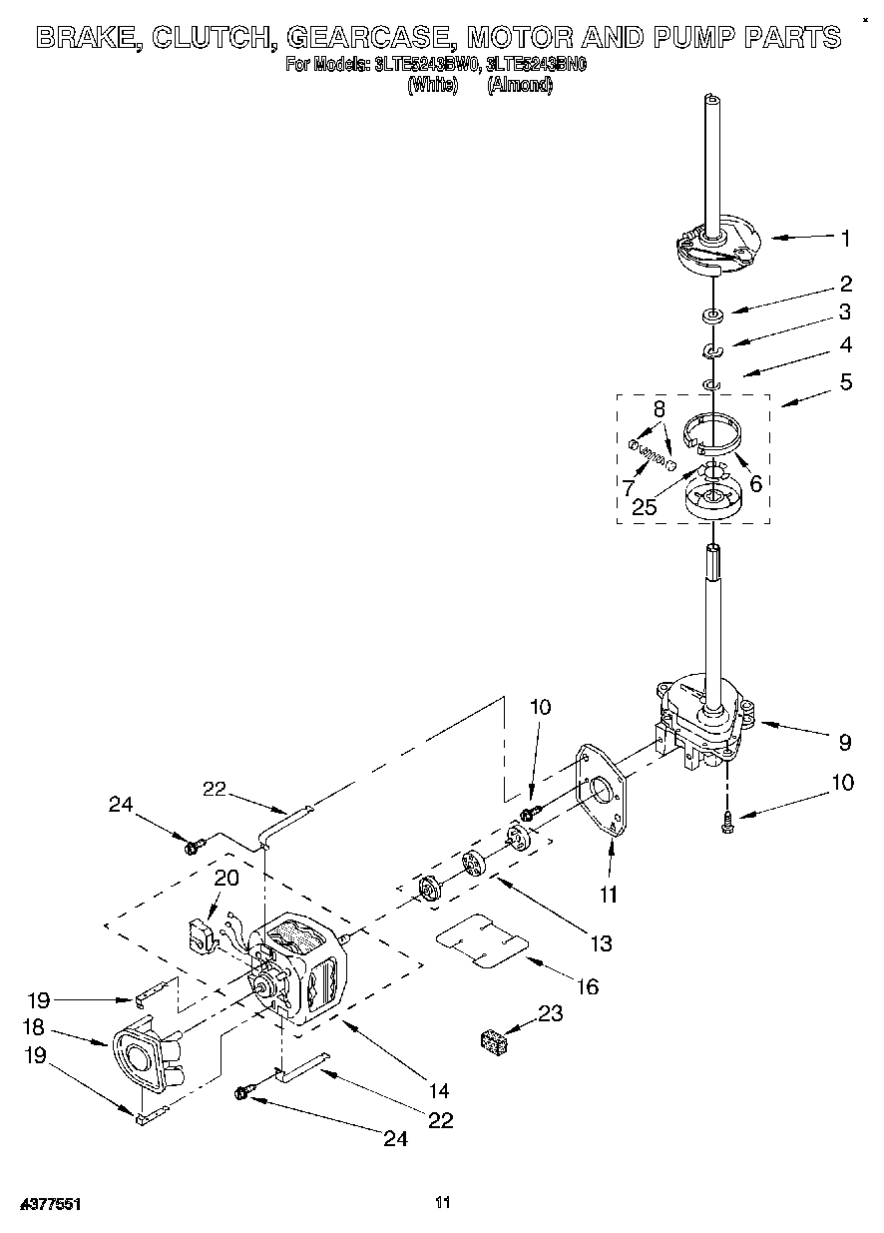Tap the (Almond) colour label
[x=519, y=86]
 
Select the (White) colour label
[x=432, y=86]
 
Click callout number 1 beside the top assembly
[x=845, y=238]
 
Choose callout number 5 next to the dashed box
[x=845, y=381]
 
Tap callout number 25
[x=645, y=507]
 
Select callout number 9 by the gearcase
[x=844, y=742]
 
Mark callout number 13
[x=600, y=942]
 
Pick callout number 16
[x=588, y=986]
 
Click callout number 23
[x=550, y=1014]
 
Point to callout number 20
[x=226, y=878]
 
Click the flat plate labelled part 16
[x=483, y=943]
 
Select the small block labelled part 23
[x=493, y=1042]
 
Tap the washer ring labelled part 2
[x=712, y=317]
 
